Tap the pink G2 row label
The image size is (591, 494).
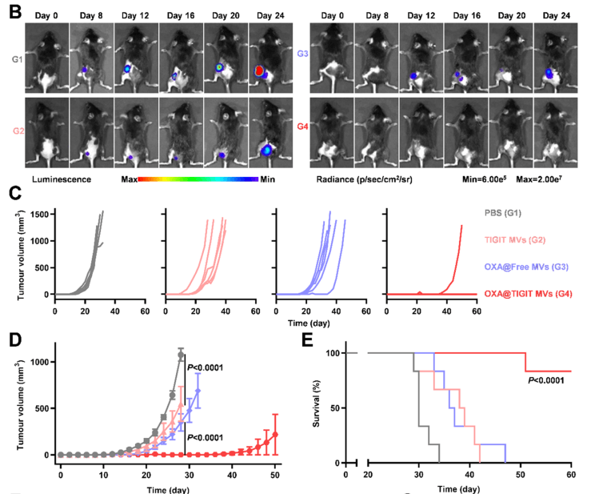click(x=15, y=130)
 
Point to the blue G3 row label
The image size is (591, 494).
click(x=300, y=54)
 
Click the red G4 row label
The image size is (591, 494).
click(x=300, y=126)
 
